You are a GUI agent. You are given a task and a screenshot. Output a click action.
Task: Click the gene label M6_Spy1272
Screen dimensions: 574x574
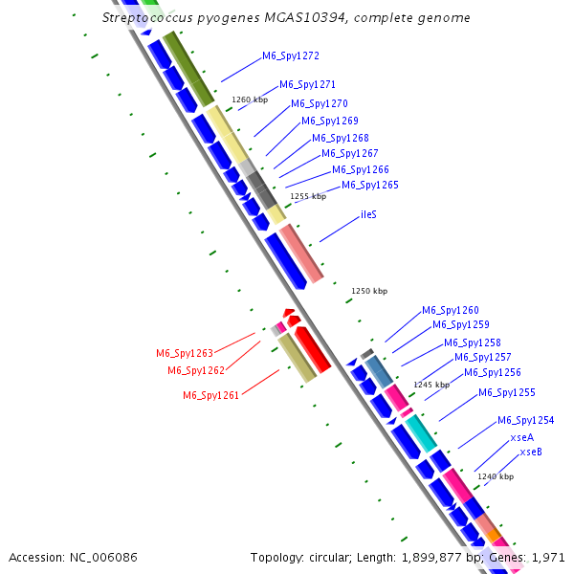(292, 55)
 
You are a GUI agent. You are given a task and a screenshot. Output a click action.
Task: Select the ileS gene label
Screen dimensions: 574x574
(368, 214)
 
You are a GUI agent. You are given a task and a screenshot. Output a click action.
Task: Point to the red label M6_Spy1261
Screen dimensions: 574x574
(211, 395)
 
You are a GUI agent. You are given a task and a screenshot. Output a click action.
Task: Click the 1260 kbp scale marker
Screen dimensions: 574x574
(250, 99)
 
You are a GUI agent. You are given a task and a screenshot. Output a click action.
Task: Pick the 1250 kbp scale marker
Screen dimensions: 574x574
(369, 291)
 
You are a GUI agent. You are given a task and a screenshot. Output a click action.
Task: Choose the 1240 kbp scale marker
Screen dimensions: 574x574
(496, 476)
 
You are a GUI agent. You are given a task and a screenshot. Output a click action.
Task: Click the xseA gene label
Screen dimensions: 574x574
(522, 436)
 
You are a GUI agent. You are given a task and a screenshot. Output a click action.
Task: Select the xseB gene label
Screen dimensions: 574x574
(531, 452)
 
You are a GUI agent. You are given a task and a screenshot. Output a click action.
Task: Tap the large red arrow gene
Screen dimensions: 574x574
(313, 348)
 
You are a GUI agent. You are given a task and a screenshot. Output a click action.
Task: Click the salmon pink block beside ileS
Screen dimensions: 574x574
(301, 254)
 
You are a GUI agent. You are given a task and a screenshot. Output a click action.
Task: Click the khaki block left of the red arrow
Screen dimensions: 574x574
(297, 358)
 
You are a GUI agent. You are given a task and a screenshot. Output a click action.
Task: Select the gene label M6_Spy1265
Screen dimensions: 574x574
(370, 185)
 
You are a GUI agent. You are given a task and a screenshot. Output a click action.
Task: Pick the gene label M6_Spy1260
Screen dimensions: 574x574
(451, 310)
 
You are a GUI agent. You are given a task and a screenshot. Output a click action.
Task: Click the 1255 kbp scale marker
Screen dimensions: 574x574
(308, 196)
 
